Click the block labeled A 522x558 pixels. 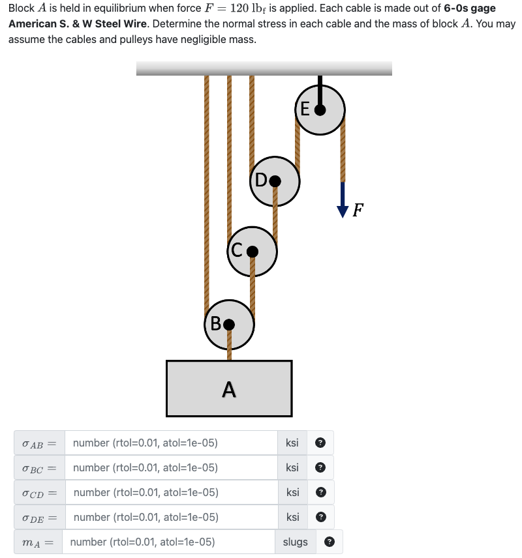click(228, 389)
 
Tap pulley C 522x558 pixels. click(253, 250)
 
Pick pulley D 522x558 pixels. click(275, 181)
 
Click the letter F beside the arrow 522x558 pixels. click(358, 210)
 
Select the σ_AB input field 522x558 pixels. click(172, 443)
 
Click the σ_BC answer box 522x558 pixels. click(172, 468)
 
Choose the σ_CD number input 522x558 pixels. click(172, 493)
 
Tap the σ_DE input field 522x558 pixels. click(172, 518)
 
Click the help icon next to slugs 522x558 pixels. click(330, 542)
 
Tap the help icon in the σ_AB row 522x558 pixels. click(320, 443)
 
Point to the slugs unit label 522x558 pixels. click(295, 542)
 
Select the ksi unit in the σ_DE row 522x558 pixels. click(292, 518)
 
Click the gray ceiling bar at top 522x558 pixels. click(264, 68)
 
